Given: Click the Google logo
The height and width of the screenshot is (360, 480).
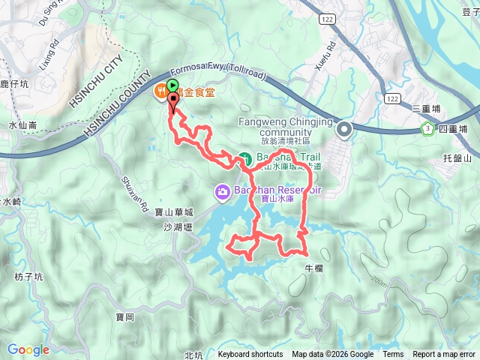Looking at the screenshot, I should (28, 349).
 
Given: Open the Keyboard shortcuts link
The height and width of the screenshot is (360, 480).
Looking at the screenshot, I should (250, 355).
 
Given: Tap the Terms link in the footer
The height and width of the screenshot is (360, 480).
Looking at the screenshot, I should (393, 355).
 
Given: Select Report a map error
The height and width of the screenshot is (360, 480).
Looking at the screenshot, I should (445, 355).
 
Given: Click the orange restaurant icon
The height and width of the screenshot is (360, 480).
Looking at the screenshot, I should (160, 92).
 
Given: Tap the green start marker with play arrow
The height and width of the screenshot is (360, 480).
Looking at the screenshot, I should (173, 85).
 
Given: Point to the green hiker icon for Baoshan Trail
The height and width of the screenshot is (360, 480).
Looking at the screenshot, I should (244, 158).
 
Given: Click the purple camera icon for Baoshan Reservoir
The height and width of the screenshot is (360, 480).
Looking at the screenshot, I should (222, 192).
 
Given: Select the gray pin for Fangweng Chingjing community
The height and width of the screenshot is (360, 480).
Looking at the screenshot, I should (344, 130).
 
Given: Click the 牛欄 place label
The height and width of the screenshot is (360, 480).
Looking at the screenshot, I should (313, 268).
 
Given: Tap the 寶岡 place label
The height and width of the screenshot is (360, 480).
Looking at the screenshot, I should (125, 317).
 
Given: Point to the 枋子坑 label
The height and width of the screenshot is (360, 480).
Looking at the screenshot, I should (29, 277).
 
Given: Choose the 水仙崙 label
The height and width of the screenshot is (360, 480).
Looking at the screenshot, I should (22, 125).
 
